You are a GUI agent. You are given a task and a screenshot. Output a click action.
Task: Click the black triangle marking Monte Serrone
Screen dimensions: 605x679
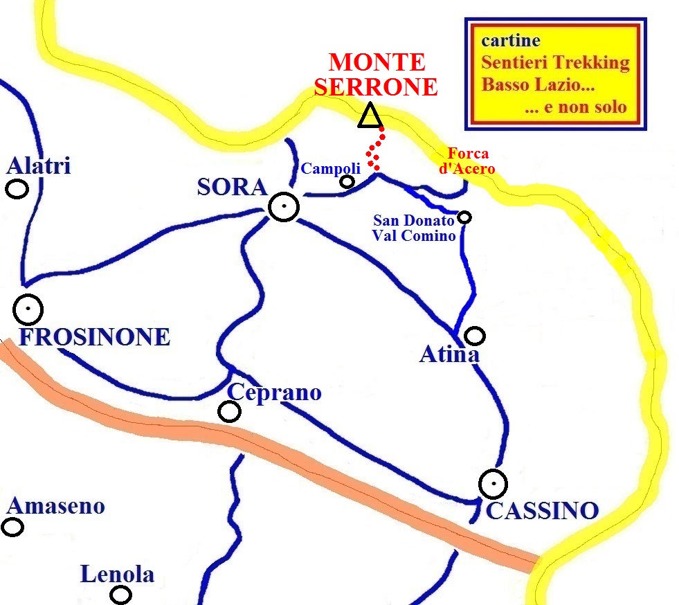[x=370, y=116]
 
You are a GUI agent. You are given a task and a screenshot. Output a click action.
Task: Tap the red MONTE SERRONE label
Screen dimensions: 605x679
[x=383, y=75]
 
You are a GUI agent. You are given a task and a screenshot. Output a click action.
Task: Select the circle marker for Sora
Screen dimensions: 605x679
[x=283, y=206]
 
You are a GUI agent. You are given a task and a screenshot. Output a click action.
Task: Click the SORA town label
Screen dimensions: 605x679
[x=232, y=187]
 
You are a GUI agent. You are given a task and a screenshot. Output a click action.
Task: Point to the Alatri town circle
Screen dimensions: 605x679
[x=17, y=188]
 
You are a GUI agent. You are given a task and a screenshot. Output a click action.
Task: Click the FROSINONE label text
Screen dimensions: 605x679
[x=94, y=337]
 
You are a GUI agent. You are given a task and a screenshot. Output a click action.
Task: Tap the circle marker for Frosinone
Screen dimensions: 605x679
[x=28, y=309]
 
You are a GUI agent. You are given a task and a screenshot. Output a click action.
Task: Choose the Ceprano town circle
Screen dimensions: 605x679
[x=229, y=412]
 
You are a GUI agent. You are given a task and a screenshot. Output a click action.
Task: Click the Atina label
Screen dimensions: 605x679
[x=449, y=355]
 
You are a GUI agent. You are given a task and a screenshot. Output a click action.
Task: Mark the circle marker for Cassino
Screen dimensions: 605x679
[x=493, y=484]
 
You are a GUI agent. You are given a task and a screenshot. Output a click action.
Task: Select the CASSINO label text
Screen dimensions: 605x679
[x=542, y=512]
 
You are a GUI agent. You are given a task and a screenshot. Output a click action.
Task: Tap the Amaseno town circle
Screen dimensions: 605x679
[x=12, y=527]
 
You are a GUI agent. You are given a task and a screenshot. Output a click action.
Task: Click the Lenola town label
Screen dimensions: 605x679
[x=117, y=575]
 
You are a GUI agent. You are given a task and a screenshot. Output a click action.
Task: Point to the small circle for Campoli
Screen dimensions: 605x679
[x=347, y=181]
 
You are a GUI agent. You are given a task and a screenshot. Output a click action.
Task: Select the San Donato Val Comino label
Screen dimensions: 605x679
[x=414, y=228]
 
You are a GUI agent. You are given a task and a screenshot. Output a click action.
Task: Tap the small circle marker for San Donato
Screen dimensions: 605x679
[x=464, y=217]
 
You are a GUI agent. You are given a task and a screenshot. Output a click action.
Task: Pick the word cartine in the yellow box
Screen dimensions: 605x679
[x=511, y=41]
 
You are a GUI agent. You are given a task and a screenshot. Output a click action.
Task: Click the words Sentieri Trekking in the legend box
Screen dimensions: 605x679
[x=555, y=63]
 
